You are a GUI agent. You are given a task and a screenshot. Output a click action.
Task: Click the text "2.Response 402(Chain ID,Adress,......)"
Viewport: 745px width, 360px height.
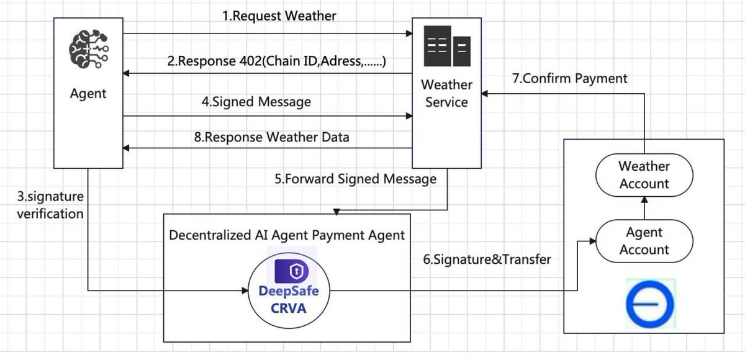(x=278, y=61)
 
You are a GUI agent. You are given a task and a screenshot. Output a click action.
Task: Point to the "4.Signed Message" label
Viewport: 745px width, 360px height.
(x=256, y=102)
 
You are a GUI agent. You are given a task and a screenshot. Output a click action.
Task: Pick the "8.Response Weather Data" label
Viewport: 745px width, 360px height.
(x=271, y=137)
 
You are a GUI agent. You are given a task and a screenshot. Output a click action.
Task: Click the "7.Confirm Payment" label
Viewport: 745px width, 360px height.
(x=570, y=78)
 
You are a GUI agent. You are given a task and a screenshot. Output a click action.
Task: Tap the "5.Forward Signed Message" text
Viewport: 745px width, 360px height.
(x=355, y=179)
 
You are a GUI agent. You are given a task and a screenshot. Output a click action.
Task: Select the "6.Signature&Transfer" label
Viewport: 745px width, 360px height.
(x=487, y=259)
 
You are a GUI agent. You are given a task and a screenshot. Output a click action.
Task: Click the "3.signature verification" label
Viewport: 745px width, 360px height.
(x=50, y=205)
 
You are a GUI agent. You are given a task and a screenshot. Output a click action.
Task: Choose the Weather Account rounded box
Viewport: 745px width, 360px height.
(x=644, y=175)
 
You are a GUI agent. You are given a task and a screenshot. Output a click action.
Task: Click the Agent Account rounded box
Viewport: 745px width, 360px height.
(x=644, y=241)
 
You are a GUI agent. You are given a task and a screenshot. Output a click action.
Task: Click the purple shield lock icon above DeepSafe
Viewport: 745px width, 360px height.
(x=292, y=271)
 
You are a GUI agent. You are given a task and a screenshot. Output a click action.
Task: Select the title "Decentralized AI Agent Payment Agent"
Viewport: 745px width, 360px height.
(x=287, y=235)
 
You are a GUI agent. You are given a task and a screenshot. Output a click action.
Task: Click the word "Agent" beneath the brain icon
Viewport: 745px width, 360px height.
(x=88, y=94)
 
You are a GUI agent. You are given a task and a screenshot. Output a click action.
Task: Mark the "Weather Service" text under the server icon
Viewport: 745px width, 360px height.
(x=446, y=93)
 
